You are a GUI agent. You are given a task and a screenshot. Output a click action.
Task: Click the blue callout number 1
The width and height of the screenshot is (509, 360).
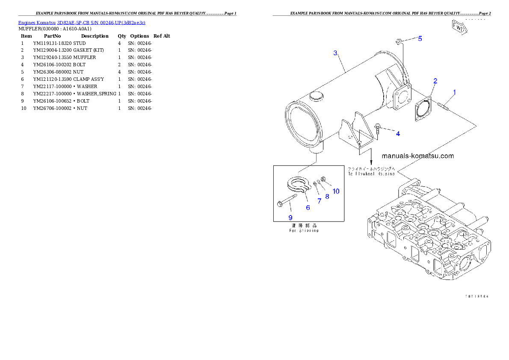tap(455, 92)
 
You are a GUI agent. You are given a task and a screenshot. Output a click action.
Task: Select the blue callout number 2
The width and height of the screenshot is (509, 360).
tap(435, 81)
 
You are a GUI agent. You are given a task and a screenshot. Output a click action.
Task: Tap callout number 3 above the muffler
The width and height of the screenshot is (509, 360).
tap(336, 53)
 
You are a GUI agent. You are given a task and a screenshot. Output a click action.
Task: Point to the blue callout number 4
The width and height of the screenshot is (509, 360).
tap(398, 134)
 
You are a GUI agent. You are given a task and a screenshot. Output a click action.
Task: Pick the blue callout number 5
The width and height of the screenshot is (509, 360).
tap(420, 38)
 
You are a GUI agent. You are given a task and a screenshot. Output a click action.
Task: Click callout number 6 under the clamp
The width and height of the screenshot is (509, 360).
tap(308, 207)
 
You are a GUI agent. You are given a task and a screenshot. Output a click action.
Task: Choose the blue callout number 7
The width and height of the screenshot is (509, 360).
tap(319, 201)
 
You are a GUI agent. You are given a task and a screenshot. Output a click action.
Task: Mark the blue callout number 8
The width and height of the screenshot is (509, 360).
tap(327, 196)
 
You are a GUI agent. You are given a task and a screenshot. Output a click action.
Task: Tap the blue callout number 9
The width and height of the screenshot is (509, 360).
tap(290, 217)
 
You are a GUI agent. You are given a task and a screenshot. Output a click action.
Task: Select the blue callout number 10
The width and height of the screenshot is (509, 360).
tap(336, 191)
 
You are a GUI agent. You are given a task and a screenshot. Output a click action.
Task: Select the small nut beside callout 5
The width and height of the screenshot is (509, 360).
tap(398, 41)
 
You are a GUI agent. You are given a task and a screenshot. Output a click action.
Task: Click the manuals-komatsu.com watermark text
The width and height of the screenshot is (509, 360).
tap(417, 156)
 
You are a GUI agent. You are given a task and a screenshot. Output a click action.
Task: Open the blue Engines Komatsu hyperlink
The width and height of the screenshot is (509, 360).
tap(82, 22)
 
